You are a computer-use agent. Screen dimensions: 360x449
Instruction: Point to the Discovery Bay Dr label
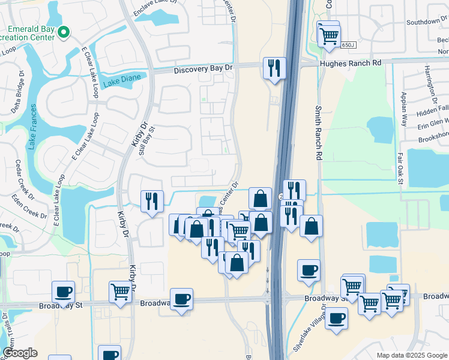point(203,70)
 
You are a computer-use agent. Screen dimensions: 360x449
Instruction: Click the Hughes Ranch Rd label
point(351,63)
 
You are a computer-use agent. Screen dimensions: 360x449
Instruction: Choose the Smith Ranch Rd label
point(319,133)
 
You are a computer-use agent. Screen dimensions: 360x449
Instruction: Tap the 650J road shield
point(348,45)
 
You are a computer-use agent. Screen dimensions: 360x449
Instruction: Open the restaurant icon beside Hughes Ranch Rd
point(274,68)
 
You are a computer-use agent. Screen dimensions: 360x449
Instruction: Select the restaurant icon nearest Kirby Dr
point(152,200)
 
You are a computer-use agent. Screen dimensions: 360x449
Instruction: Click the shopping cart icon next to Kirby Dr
point(120,293)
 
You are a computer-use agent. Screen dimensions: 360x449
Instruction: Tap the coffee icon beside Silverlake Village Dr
point(336,318)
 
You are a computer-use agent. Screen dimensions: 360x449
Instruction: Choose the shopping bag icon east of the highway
point(311,226)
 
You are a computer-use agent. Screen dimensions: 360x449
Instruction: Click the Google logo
point(20,353)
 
